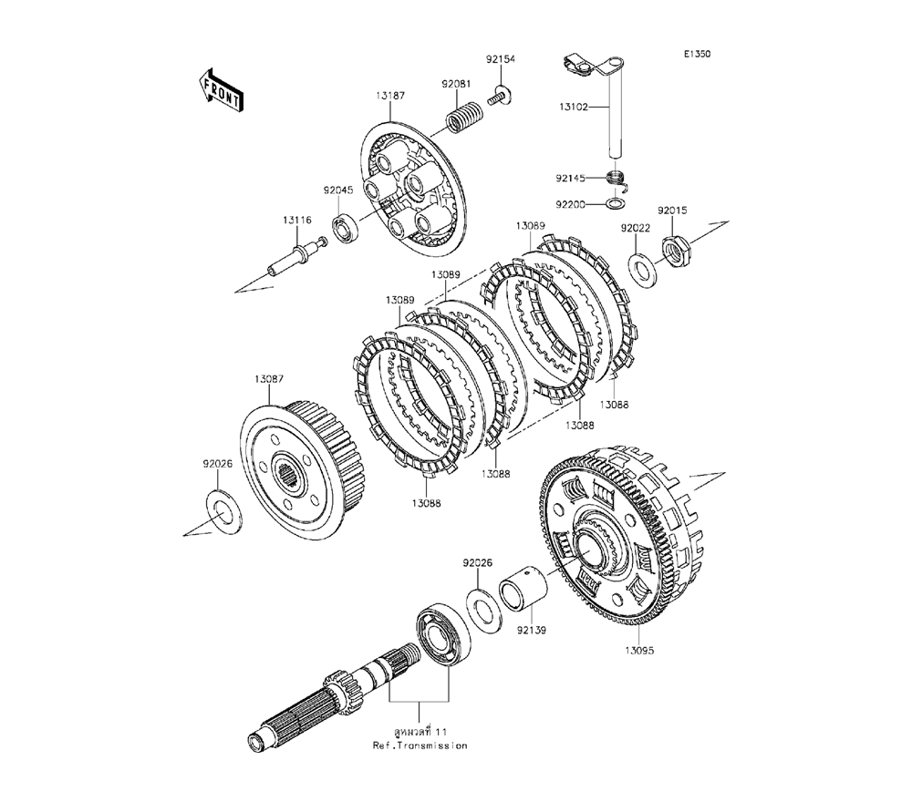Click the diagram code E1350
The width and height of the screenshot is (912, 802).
tap(698, 55)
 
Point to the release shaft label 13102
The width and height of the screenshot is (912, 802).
tap(575, 107)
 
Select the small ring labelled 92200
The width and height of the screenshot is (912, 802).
tap(617, 204)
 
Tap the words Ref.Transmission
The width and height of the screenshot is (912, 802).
tap(420, 745)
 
